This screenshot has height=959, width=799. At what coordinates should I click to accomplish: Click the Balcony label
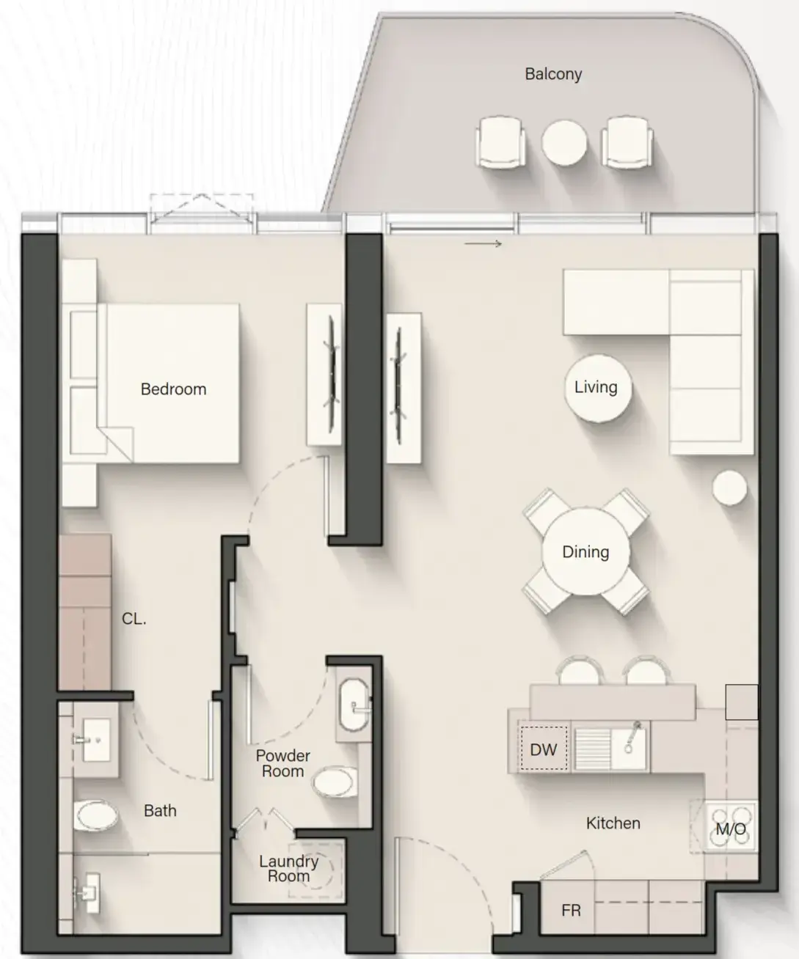click(x=553, y=74)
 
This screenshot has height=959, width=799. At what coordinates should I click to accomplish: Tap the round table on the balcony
click(x=563, y=142)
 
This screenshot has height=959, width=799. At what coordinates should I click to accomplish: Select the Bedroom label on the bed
click(x=173, y=389)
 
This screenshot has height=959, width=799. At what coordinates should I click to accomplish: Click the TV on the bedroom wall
click(x=332, y=375)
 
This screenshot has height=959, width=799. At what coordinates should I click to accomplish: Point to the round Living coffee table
click(x=597, y=388)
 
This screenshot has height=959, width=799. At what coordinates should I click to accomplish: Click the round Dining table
click(x=585, y=551)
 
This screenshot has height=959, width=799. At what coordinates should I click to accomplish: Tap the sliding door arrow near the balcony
click(x=483, y=243)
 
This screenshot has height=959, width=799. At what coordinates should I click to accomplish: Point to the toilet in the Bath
click(x=96, y=815)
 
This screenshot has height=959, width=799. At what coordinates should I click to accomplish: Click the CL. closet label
click(x=134, y=619)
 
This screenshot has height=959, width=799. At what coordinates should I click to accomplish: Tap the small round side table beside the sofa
click(x=729, y=488)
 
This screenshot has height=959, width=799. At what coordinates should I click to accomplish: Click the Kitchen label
click(x=613, y=823)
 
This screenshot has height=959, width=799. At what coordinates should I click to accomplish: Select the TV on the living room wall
click(x=398, y=386)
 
